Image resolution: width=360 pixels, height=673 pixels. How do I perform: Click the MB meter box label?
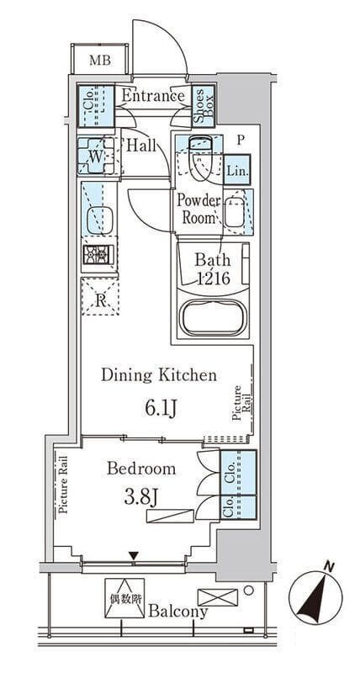pos(100,61)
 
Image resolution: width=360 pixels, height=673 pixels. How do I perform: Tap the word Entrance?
pos(153,96)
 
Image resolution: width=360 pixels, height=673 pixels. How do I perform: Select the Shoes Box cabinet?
pos(203,106)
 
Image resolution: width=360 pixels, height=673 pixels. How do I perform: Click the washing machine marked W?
pos(96,156)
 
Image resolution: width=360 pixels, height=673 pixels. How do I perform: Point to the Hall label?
pos(141,146)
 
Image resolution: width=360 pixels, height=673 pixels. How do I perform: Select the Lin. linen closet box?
pos(237,170)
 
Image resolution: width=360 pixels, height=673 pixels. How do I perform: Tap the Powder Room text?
pos(199,209)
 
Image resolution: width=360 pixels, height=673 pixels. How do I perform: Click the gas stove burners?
pos(98,255)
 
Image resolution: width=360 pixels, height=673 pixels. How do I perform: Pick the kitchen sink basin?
pos(99,220)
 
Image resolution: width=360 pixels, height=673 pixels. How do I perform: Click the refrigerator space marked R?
pos(99,297)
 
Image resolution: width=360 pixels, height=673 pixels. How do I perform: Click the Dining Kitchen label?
pos(159,375)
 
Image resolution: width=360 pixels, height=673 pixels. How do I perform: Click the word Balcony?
pos(178,612)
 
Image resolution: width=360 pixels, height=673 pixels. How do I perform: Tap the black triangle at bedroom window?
pos(134,556)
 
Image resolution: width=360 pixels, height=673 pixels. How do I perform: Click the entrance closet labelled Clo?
pos(96,106)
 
